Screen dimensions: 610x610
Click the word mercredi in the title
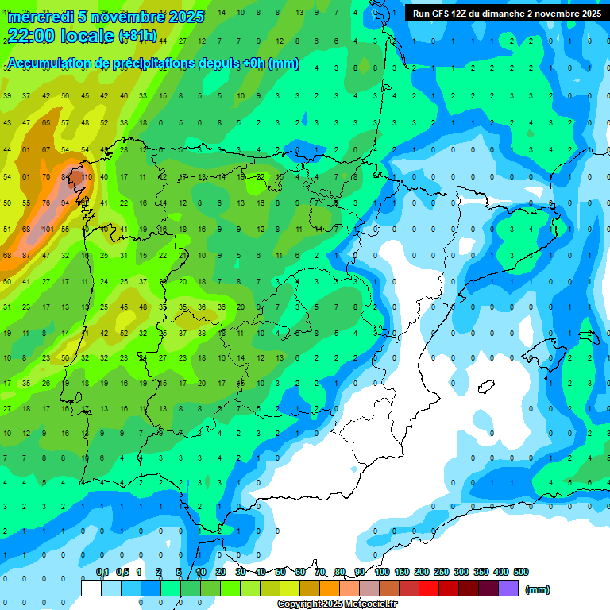tap(40, 17)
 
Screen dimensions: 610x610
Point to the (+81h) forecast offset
tap(137, 37)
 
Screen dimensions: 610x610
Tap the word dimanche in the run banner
tap(500, 14)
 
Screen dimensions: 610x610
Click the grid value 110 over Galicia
tap(87, 176)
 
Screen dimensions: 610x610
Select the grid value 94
tap(65, 203)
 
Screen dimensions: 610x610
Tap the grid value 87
tap(26, 256)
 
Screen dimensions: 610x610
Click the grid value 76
tap(46, 203)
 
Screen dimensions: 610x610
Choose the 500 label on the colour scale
tap(521, 572)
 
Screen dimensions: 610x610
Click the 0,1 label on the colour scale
tap(102, 572)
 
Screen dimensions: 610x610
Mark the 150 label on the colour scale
tap(402, 572)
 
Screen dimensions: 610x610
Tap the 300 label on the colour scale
tap(461, 572)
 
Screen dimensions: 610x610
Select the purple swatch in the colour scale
tap(508, 588)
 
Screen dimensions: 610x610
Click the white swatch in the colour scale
tap(91, 588)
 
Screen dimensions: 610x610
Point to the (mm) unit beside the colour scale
tap(538, 589)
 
